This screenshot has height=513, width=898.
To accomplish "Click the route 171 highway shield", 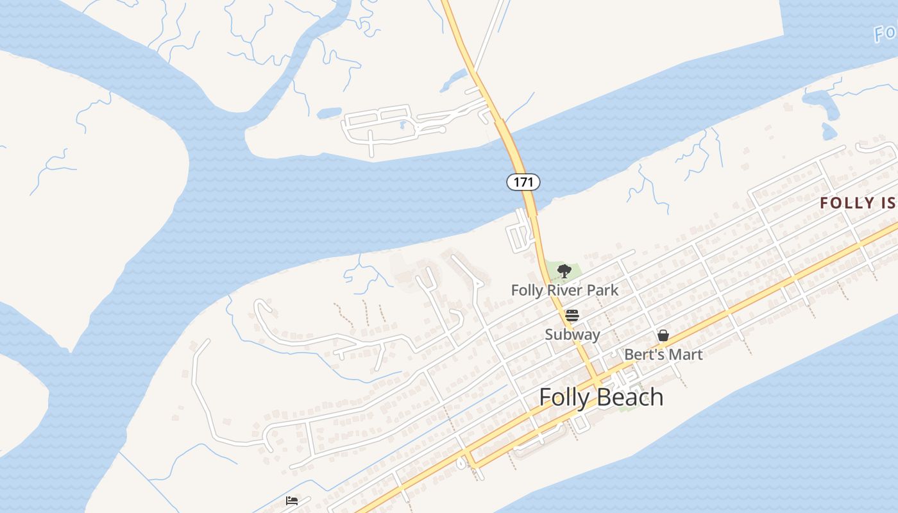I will pos(523,182).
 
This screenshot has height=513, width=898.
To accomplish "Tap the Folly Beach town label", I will pos(601,397).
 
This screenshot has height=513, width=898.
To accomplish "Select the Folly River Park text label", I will pos(564,290).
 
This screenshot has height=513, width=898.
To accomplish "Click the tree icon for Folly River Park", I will pos(564,271).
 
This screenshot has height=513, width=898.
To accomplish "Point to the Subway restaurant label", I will pos(572,334).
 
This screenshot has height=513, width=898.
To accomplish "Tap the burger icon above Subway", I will pos(572,315).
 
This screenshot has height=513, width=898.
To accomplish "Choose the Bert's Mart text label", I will pos(663,354).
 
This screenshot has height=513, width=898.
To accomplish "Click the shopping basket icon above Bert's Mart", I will pos(663,335).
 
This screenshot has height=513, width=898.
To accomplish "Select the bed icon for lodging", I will pos(292,500).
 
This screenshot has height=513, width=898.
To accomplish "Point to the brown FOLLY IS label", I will pos(858,203).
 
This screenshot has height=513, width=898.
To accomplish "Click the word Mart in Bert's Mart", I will pos(686,354).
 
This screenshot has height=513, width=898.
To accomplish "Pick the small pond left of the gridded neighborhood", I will pos(329,113).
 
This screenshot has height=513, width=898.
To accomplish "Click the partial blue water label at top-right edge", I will pos(886,32).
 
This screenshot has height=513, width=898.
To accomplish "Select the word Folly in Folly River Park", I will pos(528,290).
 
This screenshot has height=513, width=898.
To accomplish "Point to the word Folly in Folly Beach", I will pos(564,397).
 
